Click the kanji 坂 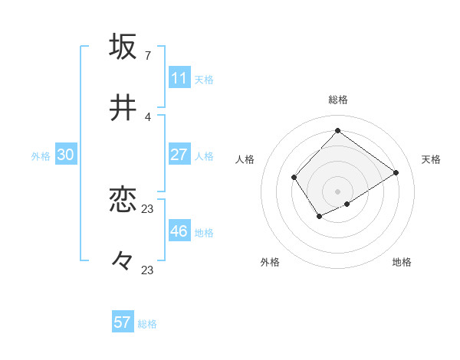coord(123,47)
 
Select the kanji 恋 coord(123,200)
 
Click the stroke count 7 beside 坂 coord(147,55)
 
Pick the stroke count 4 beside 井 coord(147,116)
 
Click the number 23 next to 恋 coord(148,208)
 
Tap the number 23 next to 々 coord(148,270)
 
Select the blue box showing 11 coord(179,78)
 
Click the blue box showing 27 coord(179,155)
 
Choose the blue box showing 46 coord(179,231)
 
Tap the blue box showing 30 coord(66,155)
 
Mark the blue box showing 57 coord(123,322)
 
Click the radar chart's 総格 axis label coord(337,100)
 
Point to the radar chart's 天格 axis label coord(431,159)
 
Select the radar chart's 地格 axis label coord(402,262)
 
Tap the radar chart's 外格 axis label coord(270,262)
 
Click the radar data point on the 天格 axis coord(396,172)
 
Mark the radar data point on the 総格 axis coord(337,130)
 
